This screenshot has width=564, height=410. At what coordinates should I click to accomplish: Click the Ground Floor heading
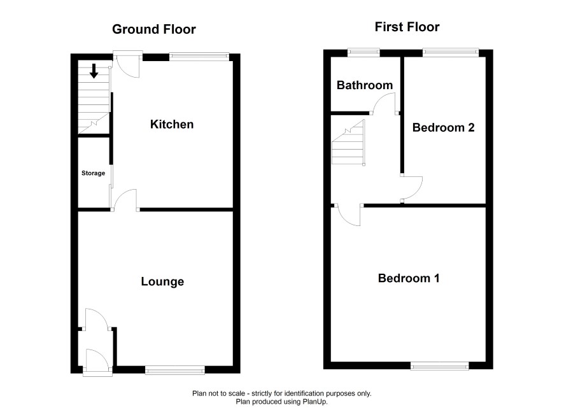coord(154,29)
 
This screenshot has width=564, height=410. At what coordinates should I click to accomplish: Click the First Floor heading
coord(407,27)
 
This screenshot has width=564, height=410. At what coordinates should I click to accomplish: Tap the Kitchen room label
coord(172,124)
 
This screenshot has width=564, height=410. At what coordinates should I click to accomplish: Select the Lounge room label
coord(162,281)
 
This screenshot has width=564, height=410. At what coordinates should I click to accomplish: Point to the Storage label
coord(93,173)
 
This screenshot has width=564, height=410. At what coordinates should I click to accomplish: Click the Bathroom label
coord(365,85)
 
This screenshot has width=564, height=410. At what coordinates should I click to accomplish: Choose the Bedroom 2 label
coord(444,127)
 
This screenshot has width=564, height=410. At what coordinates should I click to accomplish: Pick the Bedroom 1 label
coord(409,278)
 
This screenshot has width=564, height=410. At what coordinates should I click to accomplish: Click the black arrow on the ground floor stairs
coord(94,71)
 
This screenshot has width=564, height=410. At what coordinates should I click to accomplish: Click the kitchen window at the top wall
coord(199,56)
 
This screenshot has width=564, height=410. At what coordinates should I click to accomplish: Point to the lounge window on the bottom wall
coord(175,369)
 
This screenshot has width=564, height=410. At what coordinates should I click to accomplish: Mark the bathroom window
coord(363,52)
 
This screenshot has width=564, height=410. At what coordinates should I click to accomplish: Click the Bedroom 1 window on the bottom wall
coord(440,366)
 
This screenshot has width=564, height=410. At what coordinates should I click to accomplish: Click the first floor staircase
coord(349,143)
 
